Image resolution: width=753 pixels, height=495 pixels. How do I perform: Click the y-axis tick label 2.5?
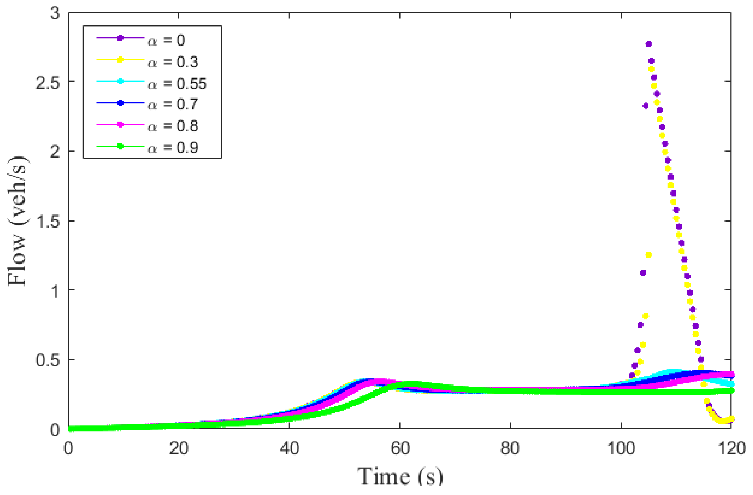point(48,83)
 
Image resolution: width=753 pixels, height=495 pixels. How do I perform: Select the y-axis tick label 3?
point(55,14)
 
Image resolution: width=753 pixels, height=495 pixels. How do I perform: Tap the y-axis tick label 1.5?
point(48,222)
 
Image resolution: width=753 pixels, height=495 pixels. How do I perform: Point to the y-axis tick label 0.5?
point(48,360)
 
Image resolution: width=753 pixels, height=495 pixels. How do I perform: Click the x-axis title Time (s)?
point(400,477)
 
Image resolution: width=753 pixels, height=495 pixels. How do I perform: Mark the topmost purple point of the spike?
point(648,44)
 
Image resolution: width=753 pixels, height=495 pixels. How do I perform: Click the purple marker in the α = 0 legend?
point(120,38)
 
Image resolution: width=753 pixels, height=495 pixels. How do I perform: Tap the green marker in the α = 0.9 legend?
point(120,146)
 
